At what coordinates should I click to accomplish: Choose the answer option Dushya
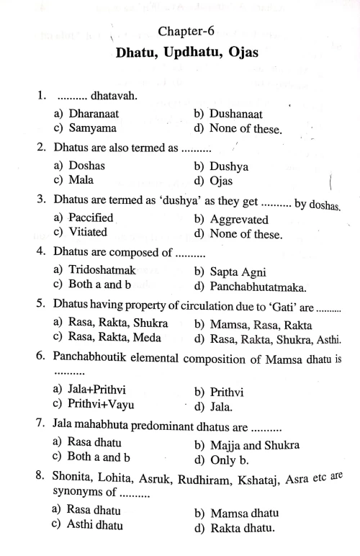(x=228, y=166)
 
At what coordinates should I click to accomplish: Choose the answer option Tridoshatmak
(x=100, y=270)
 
